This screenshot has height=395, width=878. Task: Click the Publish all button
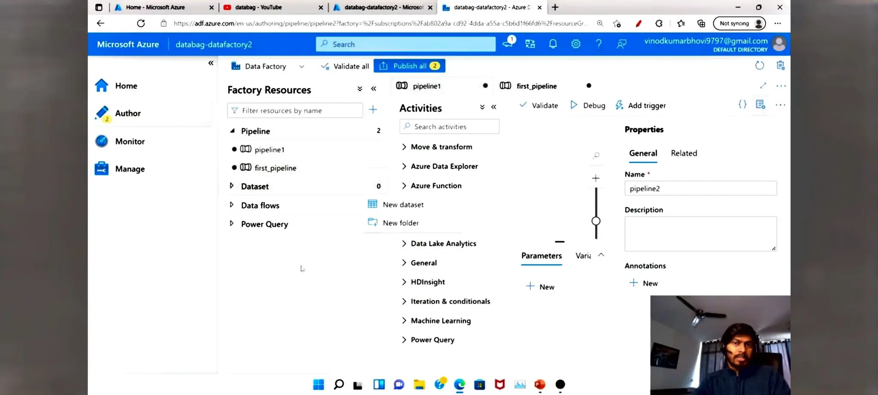409,66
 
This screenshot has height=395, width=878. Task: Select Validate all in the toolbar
345,66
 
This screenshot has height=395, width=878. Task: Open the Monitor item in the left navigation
129,141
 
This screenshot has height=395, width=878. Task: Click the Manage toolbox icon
102,169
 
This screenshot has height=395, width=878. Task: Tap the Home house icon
102,86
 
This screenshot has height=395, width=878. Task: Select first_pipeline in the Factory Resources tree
275,168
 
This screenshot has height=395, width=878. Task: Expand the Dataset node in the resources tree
232,186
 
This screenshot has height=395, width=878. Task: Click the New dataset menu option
403,204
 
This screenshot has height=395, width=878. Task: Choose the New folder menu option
400,223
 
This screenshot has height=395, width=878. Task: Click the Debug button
588,105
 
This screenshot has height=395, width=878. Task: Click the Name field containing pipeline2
700,189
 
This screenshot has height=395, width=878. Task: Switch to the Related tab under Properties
684,153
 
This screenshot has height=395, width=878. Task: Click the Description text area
700,233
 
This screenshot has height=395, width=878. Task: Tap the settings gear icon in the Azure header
576,44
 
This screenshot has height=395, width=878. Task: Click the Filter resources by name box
295,111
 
